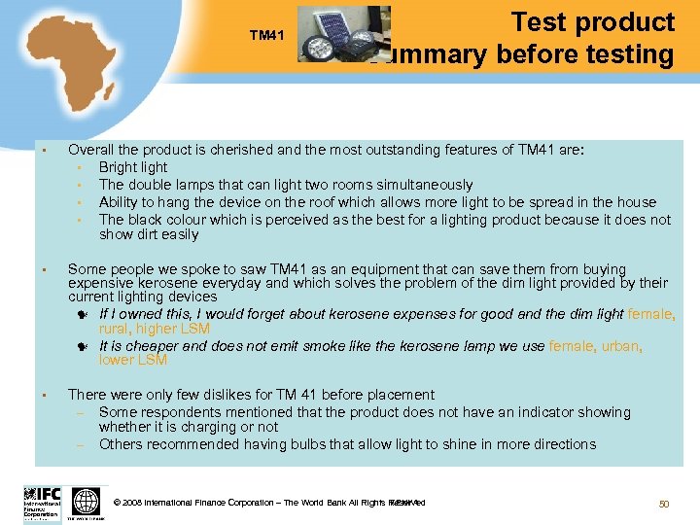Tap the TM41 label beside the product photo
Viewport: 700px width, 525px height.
(266, 36)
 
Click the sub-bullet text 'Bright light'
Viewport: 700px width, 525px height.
(133, 167)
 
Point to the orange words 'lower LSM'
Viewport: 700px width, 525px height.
(133, 360)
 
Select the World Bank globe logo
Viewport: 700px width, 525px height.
(87, 503)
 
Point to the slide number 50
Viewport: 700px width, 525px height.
(664, 503)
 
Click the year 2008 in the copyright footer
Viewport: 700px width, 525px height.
(133, 503)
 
